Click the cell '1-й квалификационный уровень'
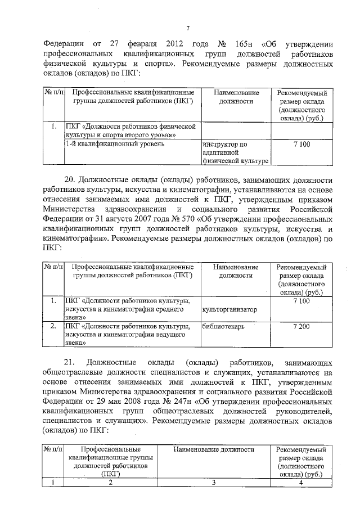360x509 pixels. tap(115, 145)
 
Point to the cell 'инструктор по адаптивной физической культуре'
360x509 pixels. tap(235, 153)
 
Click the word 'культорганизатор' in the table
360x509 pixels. tap(229, 309)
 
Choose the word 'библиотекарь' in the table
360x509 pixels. tap(225, 326)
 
